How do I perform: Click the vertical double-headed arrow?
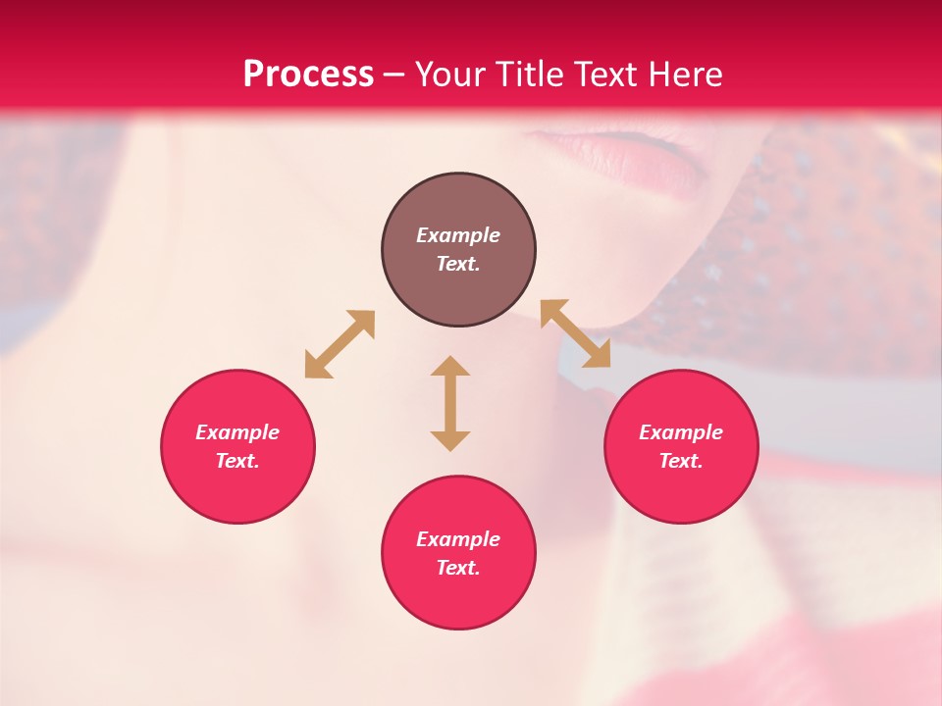coord(450,403)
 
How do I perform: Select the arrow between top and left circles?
coord(340,344)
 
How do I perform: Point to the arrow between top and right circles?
coord(575,333)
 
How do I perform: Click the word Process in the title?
coord(308,74)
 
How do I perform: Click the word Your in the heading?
coord(449,74)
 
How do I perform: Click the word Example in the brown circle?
coord(458,235)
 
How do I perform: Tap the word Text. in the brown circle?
coord(458,264)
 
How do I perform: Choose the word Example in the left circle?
coord(237,432)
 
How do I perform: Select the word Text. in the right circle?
coord(681,461)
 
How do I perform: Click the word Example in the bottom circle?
coord(458,539)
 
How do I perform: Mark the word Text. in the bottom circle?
coord(458,568)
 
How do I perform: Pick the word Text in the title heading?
coord(606,74)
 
